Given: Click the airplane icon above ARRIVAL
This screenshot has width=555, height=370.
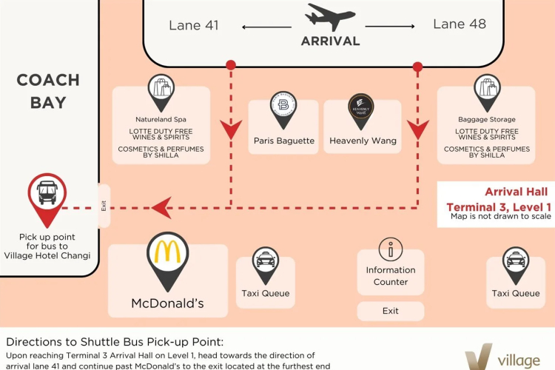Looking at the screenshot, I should (x=330, y=17).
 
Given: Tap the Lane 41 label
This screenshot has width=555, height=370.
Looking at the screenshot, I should (x=194, y=25).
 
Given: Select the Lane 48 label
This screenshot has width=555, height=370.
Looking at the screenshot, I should (x=460, y=24).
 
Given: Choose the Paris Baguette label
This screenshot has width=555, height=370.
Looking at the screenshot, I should (x=283, y=141).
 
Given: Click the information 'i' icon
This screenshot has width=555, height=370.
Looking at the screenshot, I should (x=390, y=249).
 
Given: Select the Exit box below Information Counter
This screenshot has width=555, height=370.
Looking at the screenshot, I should (x=391, y=311).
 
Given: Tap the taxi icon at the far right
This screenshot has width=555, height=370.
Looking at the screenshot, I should (x=515, y=259).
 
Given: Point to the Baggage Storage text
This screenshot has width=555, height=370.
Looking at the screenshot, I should (x=486, y=119).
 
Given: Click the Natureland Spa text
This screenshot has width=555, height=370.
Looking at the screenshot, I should (x=161, y=119).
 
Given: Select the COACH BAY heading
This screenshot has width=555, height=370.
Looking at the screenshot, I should (x=48, y=91).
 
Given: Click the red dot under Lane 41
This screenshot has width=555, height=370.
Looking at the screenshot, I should (x=231, y=66).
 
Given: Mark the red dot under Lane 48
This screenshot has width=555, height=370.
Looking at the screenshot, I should (x=417, y=67).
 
